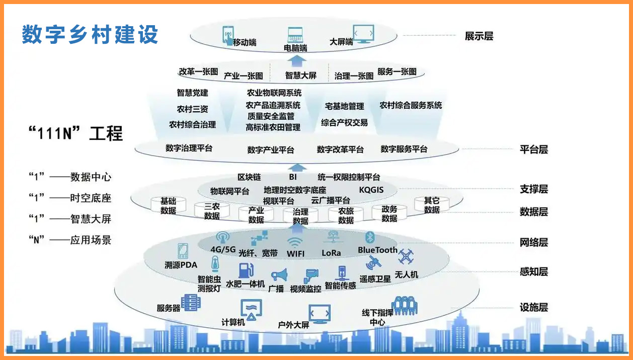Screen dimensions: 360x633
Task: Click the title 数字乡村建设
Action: coord(90,34)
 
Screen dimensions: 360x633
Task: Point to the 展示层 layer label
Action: coord(479,36)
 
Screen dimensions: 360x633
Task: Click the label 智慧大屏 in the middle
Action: coord(301,76)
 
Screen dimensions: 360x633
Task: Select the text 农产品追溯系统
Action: coord(273,105)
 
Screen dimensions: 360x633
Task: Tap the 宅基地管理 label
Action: coord(344,107)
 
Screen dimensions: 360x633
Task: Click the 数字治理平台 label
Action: coord(189,149)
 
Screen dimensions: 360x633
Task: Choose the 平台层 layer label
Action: coord(533,149)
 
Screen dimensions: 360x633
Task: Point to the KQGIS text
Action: coord(371,190)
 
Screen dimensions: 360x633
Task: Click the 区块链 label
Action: coord(249,177)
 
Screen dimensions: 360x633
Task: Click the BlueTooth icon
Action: coord(370,238)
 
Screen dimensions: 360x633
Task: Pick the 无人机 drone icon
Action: coord(406,257)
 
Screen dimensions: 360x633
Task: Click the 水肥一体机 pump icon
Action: coord(246,270)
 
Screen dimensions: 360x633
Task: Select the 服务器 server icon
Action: coord(191,303)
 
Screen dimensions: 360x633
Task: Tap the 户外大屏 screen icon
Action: coord(319,314)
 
